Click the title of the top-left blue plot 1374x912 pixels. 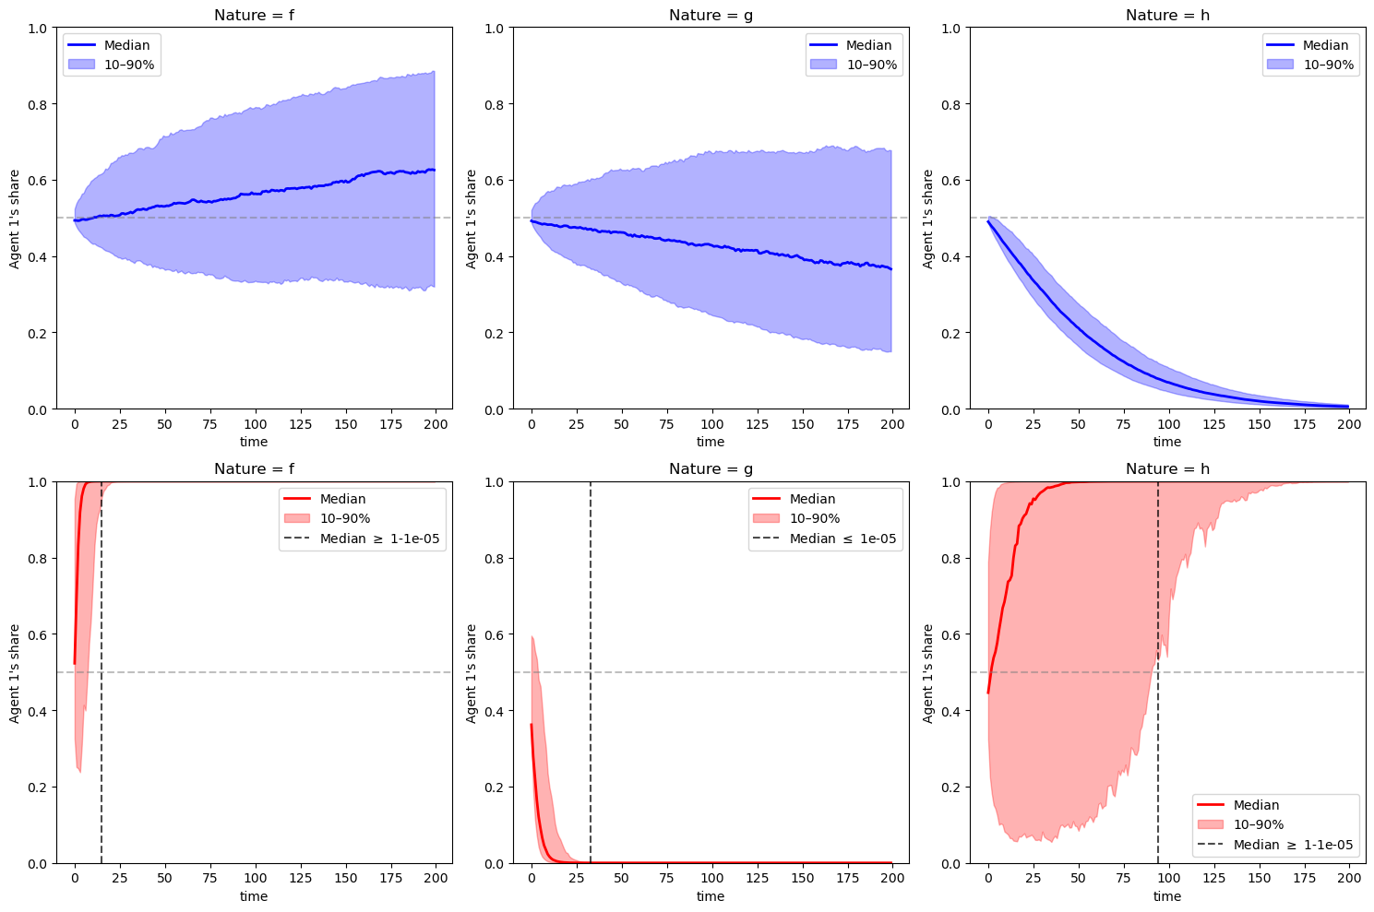[x=254, y=15]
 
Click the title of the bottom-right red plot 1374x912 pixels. [x=1167, y=469]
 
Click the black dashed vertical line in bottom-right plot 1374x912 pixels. [x=1158, y=646]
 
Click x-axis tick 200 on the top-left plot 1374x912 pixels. [x=435, y=424]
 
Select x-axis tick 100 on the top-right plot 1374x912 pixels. [x=1169, y=424]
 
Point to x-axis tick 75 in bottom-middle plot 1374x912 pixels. [x=667, y=878]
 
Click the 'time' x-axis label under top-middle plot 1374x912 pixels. [x=711, y=442]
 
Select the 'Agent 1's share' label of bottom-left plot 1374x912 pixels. [x=15, y=673]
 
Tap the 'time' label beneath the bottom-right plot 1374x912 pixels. [x=1167, y=896]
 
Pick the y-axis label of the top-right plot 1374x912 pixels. [x=928, y=219]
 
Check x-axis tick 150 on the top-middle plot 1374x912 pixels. [x=801, y=424]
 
